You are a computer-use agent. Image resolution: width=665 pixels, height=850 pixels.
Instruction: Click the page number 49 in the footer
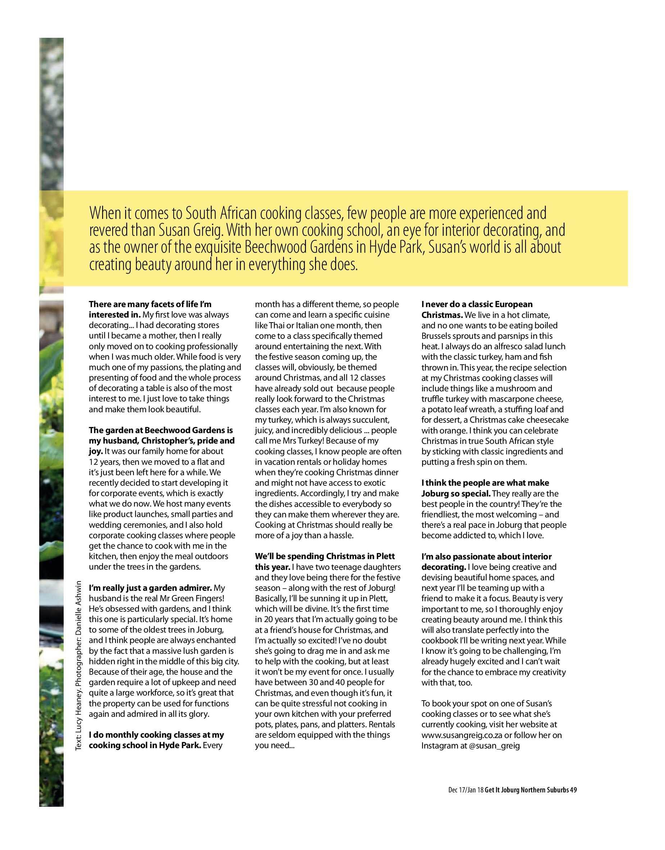point(573,790)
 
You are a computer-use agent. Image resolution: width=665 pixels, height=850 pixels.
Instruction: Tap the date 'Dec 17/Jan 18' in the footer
point(466,790)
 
